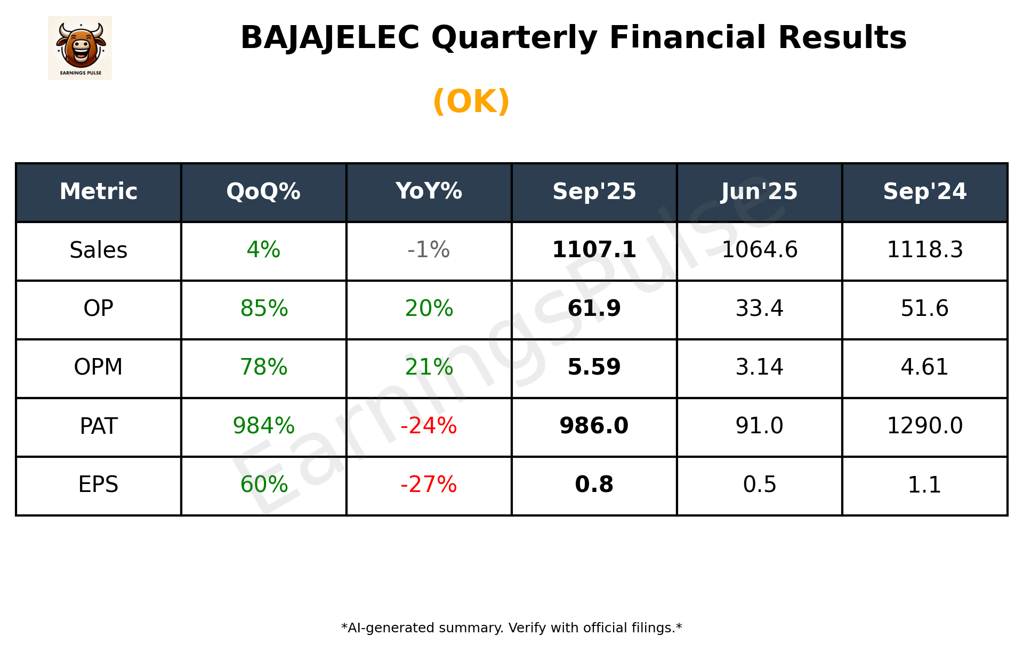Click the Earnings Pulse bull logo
(x=80, y=47)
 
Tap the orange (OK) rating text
(x=471, y=101)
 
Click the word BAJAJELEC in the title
(x=329, y=38)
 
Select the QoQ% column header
(x=263, y=192)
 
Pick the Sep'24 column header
(x=924, y=192)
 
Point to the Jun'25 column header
(x=759, y=192)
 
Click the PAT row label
(x=99, y=426)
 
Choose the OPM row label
(x=99, y=367)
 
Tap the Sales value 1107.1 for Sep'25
(x=594, y=250)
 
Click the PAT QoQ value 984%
(x=263, y=426)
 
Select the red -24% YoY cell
(x=429, y=426)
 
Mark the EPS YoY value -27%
(x=429, y=485)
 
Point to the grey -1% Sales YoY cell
(x=429, y=250)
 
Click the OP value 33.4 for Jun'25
(x=759, y=308)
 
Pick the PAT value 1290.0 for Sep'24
(x=924, y=426)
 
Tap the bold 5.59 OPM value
(x=594, y=367)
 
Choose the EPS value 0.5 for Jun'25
(x=759, y=485)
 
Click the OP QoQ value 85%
(x=263, y=308)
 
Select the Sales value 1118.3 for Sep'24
(x=924, y=250)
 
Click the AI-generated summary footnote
(x=511, y=628)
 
